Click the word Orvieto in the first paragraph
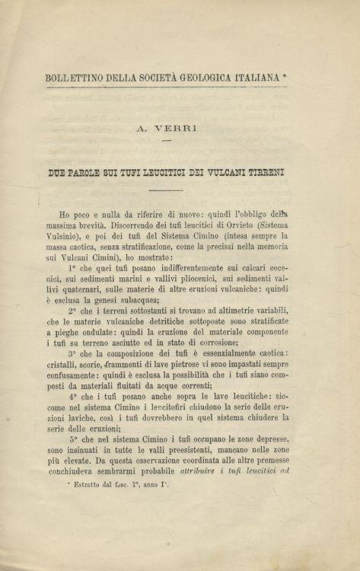(229, 225)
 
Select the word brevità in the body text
(91, 225)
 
